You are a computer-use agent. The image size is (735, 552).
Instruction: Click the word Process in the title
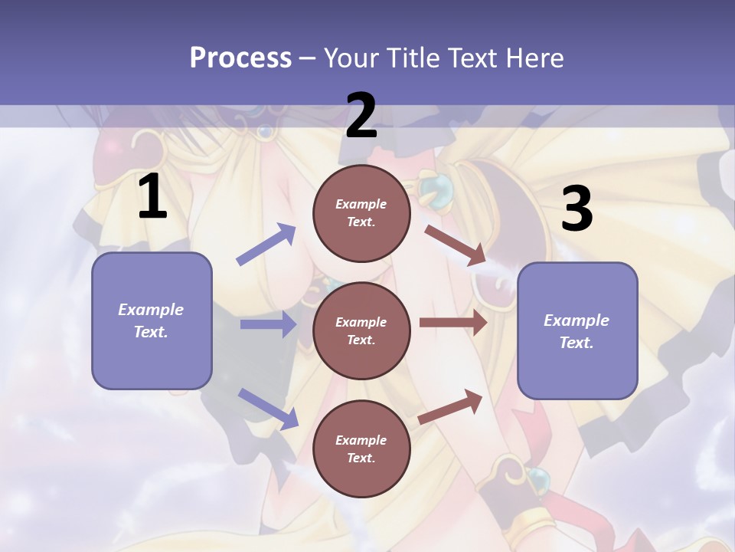pos(240,58)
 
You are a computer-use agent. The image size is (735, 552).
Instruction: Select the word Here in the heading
pos(533,58)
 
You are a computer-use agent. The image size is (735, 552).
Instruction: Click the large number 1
pos(152,197)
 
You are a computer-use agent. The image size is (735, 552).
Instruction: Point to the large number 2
pos(361,116)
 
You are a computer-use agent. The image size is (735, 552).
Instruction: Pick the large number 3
pos(577,209)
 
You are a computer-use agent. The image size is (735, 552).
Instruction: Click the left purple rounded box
pos(152,320)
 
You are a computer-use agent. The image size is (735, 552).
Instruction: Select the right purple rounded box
pos(577,330)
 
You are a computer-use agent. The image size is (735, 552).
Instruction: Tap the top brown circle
pos(361,213)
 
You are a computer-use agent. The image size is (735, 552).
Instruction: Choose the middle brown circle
pos(361,330)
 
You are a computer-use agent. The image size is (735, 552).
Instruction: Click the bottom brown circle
pos(361,449)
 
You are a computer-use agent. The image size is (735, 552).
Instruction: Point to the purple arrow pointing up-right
pos(266,245)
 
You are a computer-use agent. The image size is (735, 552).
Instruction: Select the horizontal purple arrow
pos(268,324)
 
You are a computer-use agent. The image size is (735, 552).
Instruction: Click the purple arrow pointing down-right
pos(268,408)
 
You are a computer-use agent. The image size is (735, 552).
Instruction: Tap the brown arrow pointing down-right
pos(455,245)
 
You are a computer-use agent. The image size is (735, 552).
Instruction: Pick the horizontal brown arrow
pos(453,323)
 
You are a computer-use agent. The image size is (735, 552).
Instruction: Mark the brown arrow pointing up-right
pos(450,407)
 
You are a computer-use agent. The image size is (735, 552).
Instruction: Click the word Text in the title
pos(473,58)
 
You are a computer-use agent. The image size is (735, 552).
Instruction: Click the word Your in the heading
pos(348,58)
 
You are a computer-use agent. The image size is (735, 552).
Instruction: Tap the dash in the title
pos(308,58)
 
